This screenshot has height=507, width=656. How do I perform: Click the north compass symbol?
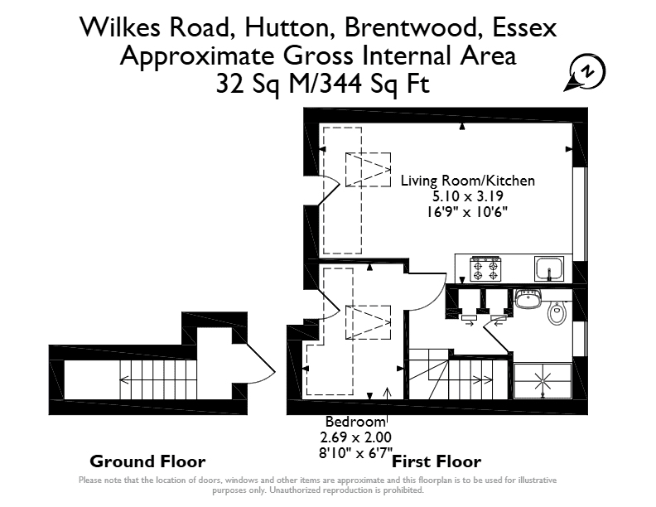[x=586, y=72]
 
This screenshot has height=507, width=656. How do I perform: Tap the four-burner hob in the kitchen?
[x=485, y=269]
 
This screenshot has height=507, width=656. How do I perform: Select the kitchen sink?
[x=549, y=269]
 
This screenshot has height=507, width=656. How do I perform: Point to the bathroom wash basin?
[x=528, y=299]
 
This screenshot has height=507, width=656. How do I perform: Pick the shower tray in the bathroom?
[x=543, y=381]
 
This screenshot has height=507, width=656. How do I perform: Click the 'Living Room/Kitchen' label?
[x=468, y=181]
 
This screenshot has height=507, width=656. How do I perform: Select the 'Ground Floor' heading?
[x=147, y=461]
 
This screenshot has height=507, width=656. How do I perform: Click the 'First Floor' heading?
[x=437, y=461]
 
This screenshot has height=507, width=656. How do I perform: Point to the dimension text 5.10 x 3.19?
[x=468, y=196]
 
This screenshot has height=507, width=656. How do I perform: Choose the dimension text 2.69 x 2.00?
[x=355, y=437]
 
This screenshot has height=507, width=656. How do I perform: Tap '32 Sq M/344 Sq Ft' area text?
[x=322, y=84]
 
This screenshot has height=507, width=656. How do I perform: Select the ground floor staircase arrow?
[x=158, y=379]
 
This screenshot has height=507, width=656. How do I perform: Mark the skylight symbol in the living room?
[x=368, y=170]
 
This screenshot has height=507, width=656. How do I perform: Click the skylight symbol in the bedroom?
[x=368, y=322]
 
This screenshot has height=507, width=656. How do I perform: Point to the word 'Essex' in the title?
[x=524, y=28]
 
